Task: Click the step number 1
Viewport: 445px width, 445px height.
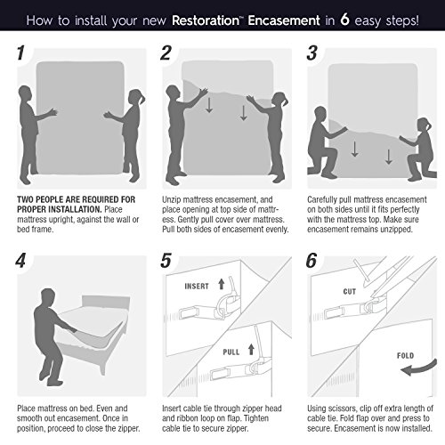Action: coord(20,53)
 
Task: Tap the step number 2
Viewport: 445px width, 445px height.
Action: coord(166,53)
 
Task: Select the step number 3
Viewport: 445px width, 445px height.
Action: coord(311,53)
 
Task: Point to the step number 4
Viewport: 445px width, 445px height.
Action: coord(20,261)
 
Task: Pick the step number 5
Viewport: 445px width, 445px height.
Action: coord(166,261)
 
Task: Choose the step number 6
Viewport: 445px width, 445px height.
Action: coord(311,261)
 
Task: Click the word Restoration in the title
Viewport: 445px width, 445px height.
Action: coord(206,20)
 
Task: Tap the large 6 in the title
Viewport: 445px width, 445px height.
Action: coord(344,20)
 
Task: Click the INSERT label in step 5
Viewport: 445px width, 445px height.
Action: coord(197,287)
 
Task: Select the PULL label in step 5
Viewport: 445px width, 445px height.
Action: coord(231,352)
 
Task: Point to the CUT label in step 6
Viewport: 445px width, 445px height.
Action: coord(349,292)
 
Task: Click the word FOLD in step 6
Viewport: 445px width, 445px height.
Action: coord(405,355)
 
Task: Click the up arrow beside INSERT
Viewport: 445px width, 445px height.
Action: coord(222,284)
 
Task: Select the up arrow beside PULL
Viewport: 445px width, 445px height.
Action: coord(251,349)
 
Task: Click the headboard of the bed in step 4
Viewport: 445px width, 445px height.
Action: coord(106,303)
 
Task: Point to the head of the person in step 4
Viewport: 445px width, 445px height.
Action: coord(47,297)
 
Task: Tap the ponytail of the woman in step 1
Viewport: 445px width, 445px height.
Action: coord(142,97)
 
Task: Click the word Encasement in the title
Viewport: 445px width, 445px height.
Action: coord(284,20)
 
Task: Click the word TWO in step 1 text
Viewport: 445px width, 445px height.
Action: coord(25,199)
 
